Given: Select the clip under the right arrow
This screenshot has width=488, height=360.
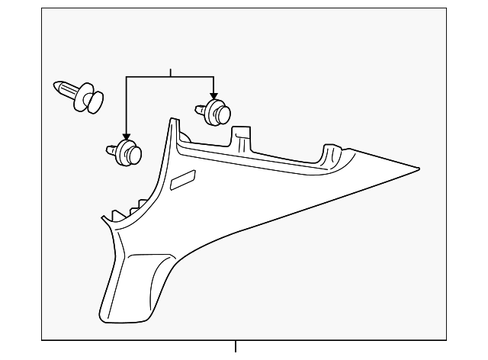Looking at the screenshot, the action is pyautogui.click(x=215, y=111).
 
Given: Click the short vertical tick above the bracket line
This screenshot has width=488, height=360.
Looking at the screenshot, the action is pyautogui.click(x=171, y=72).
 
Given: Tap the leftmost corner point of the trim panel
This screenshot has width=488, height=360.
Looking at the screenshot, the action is pyautogui.click(x=101, y=220).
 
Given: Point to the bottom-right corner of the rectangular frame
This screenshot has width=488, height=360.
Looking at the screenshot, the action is pyautogui.click(x=445, y=339).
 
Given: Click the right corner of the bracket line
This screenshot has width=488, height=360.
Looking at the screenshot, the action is pyautogui.click(x=213, y=77).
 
